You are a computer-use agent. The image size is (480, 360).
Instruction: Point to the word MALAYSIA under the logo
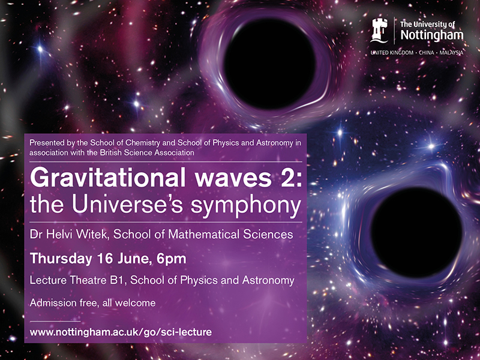pos(449,53)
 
